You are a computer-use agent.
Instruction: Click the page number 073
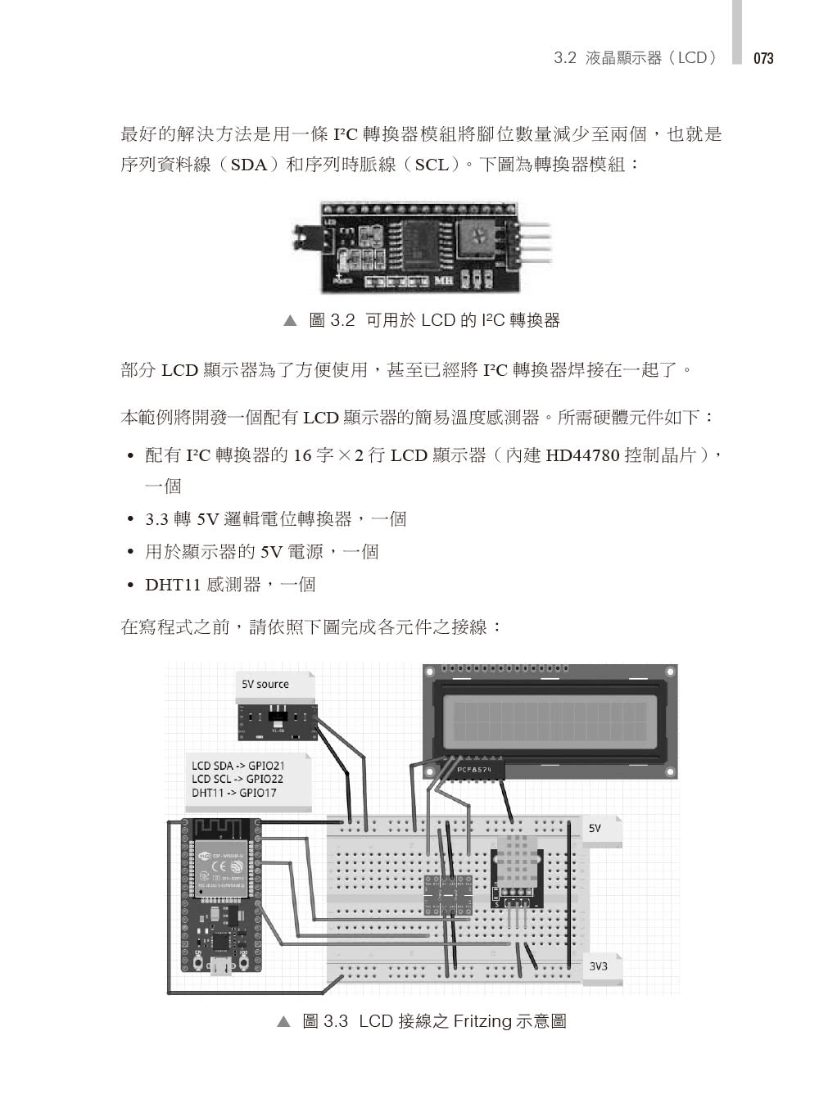(x=763, y=58)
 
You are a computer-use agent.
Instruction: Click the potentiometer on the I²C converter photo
(x=473, y=238)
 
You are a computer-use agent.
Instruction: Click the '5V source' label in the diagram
(x=265, y=684)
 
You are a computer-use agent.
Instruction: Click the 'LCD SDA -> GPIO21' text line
(x=238, y=766)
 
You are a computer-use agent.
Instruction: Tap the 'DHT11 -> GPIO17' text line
(x=234, y=793)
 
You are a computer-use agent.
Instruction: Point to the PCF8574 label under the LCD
(x=473, y=771)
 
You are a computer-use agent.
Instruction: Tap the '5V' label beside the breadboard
(x=595, y=829)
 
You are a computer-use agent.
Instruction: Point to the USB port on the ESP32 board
(x=219, y=966)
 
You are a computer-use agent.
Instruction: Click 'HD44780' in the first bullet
(x=581, y=455)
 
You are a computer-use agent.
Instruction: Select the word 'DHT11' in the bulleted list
(x=173, y=585)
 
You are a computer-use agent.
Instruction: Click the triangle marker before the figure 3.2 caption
(x=290, y=321)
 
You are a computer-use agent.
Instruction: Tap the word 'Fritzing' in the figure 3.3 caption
(x=484, y=1021)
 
